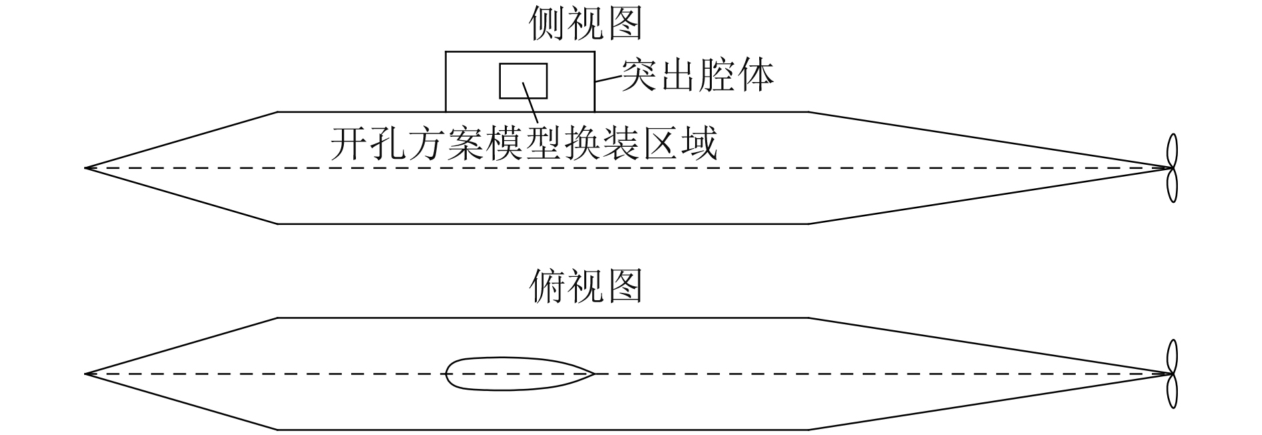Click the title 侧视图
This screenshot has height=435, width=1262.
click(586, 24)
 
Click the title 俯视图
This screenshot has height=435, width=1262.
click(586, 287)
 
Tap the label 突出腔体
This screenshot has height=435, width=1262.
click(698, 75)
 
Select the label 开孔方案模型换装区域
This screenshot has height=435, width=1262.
click(523, 143)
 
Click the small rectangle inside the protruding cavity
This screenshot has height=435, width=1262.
click(523, 81)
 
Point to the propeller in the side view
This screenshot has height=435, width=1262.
click(1171, 168)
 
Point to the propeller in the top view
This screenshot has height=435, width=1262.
click(1171, 374)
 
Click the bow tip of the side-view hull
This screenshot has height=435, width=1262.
click(87, 168)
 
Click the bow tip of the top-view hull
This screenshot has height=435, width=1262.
click(87, 374)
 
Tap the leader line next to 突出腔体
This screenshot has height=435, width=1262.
click(608, 78)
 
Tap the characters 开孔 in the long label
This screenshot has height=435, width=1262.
click(368, 143)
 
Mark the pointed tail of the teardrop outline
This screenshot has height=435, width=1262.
click(592, 374)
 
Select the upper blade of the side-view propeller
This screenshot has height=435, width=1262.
click(1171, 151)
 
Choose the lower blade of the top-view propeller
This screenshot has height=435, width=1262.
click(1171, 391)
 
